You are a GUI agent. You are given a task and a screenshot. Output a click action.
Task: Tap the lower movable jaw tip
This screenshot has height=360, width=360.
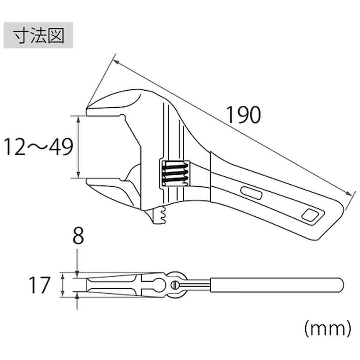[90, 182]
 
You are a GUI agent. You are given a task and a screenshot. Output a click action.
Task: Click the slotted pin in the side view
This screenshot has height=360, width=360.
[175, 285]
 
